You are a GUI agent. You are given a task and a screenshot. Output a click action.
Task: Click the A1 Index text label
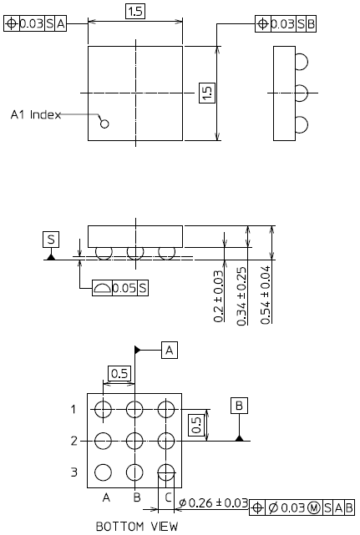tap(36, 114)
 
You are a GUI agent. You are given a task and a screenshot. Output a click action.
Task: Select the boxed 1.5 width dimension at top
tap(135, 11)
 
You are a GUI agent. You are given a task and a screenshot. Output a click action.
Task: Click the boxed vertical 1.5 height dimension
tap(207, 93)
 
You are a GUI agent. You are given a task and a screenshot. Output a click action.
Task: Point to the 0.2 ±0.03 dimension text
tap(219, 296)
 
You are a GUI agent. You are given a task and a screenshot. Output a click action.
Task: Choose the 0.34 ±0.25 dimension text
tap(241, 295)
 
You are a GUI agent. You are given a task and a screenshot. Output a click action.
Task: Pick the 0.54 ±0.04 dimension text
tap(266, 295)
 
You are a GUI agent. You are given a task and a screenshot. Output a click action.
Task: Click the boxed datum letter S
tap(51, 240)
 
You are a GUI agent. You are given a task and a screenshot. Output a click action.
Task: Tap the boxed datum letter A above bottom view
tap(170, 350)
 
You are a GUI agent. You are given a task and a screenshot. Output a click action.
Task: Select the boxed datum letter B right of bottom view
tap(239, 406)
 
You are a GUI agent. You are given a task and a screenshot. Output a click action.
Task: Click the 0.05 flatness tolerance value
tap(124, 288)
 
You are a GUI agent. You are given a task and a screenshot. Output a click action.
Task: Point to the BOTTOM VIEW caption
tap(137, 526)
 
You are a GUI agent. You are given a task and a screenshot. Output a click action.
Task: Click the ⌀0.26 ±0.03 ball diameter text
tap(214, 502)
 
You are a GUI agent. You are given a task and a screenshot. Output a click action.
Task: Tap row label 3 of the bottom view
tap(74, 472)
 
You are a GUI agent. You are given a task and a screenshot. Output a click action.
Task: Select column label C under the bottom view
tap(168, 497)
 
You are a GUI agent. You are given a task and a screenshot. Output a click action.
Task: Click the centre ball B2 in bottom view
tap(134, 441)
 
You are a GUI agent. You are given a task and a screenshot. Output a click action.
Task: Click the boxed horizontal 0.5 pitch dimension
tap(119, 373)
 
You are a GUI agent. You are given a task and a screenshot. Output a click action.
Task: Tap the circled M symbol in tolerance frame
tap(314, 507)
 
